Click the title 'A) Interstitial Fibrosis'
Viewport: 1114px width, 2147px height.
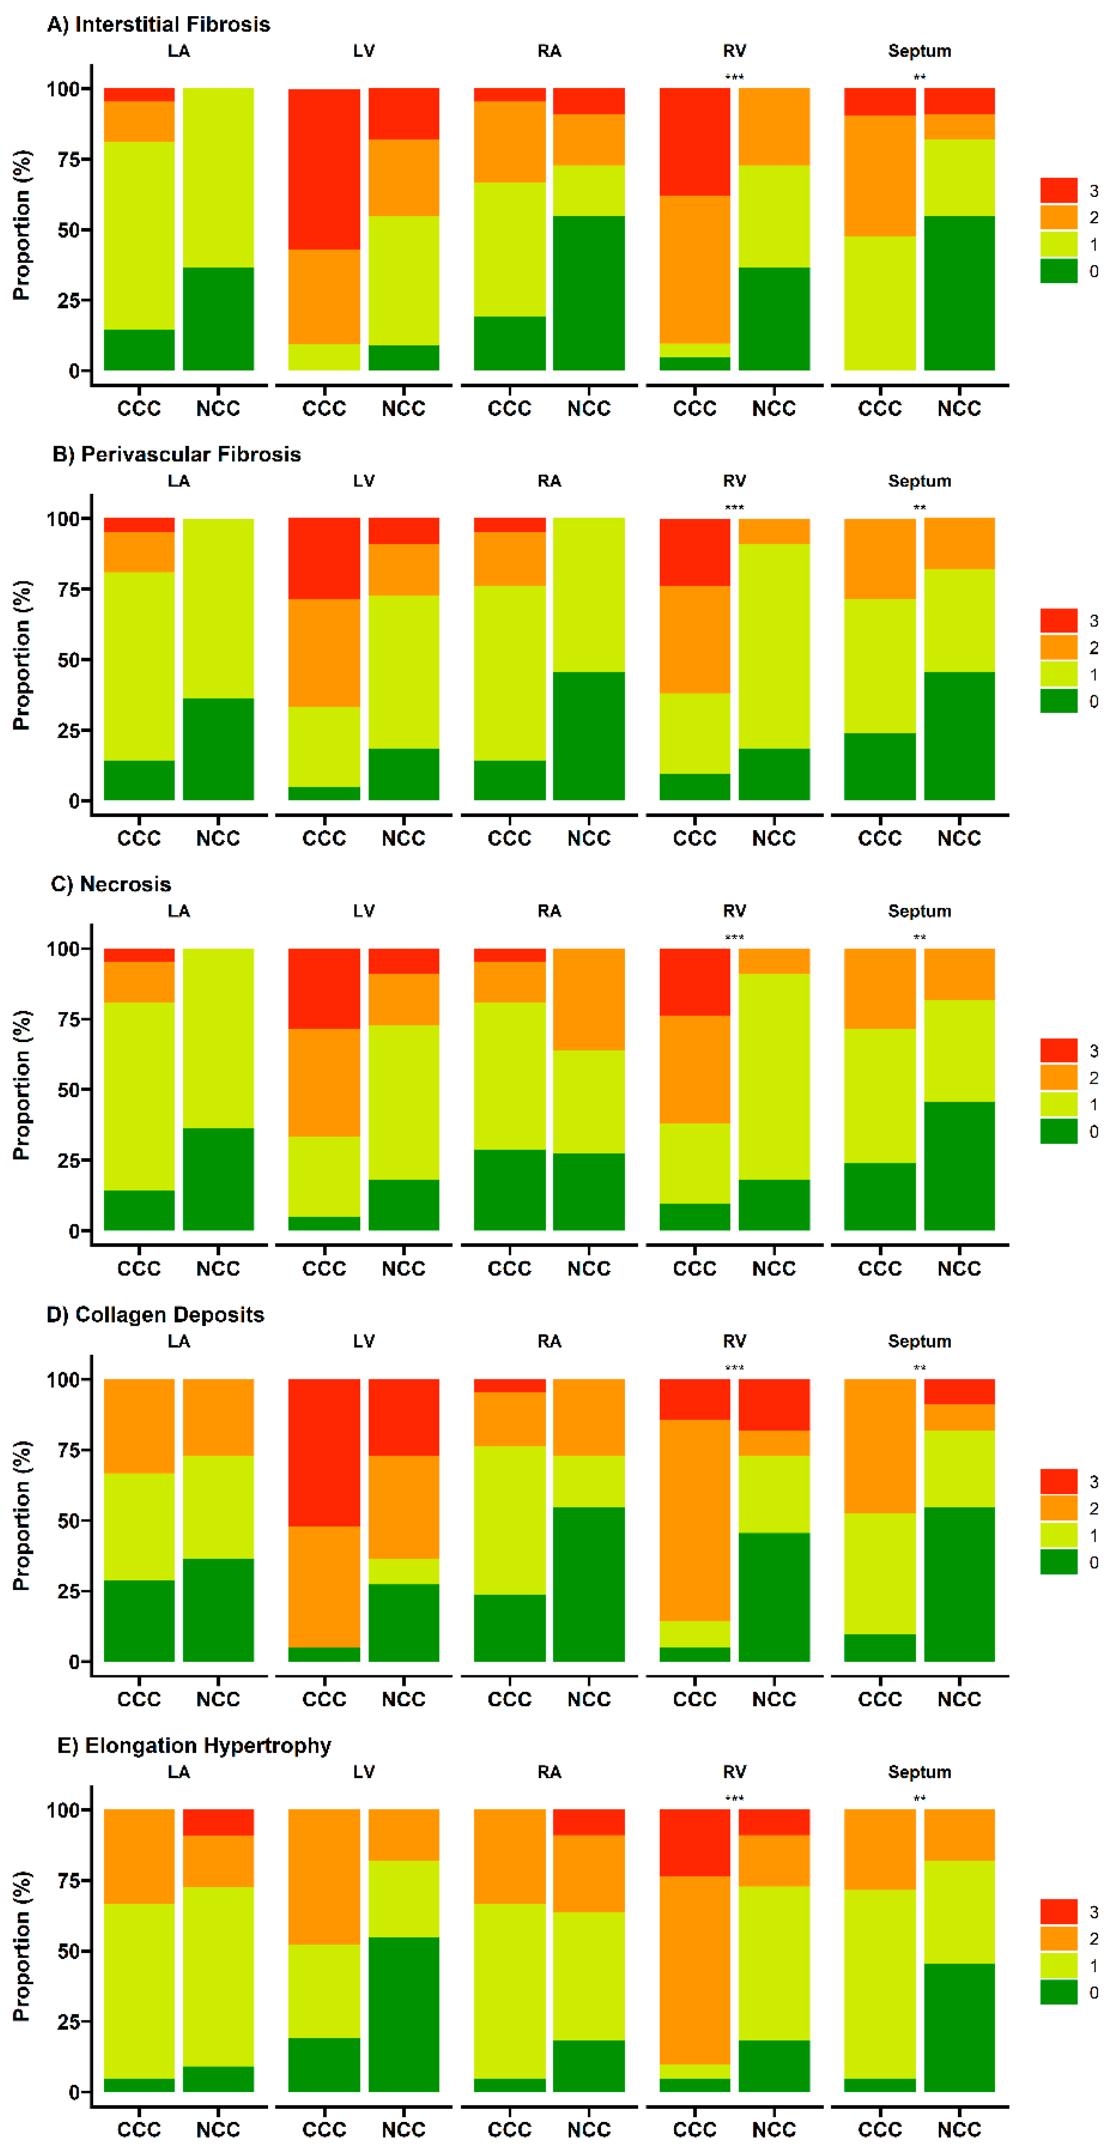158,24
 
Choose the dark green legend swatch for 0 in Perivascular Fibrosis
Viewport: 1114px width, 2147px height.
1058,701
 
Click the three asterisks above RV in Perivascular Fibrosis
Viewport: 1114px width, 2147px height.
734,507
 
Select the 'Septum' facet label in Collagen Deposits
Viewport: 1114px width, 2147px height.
919,1341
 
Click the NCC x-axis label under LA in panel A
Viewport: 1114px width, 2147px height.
218,408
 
